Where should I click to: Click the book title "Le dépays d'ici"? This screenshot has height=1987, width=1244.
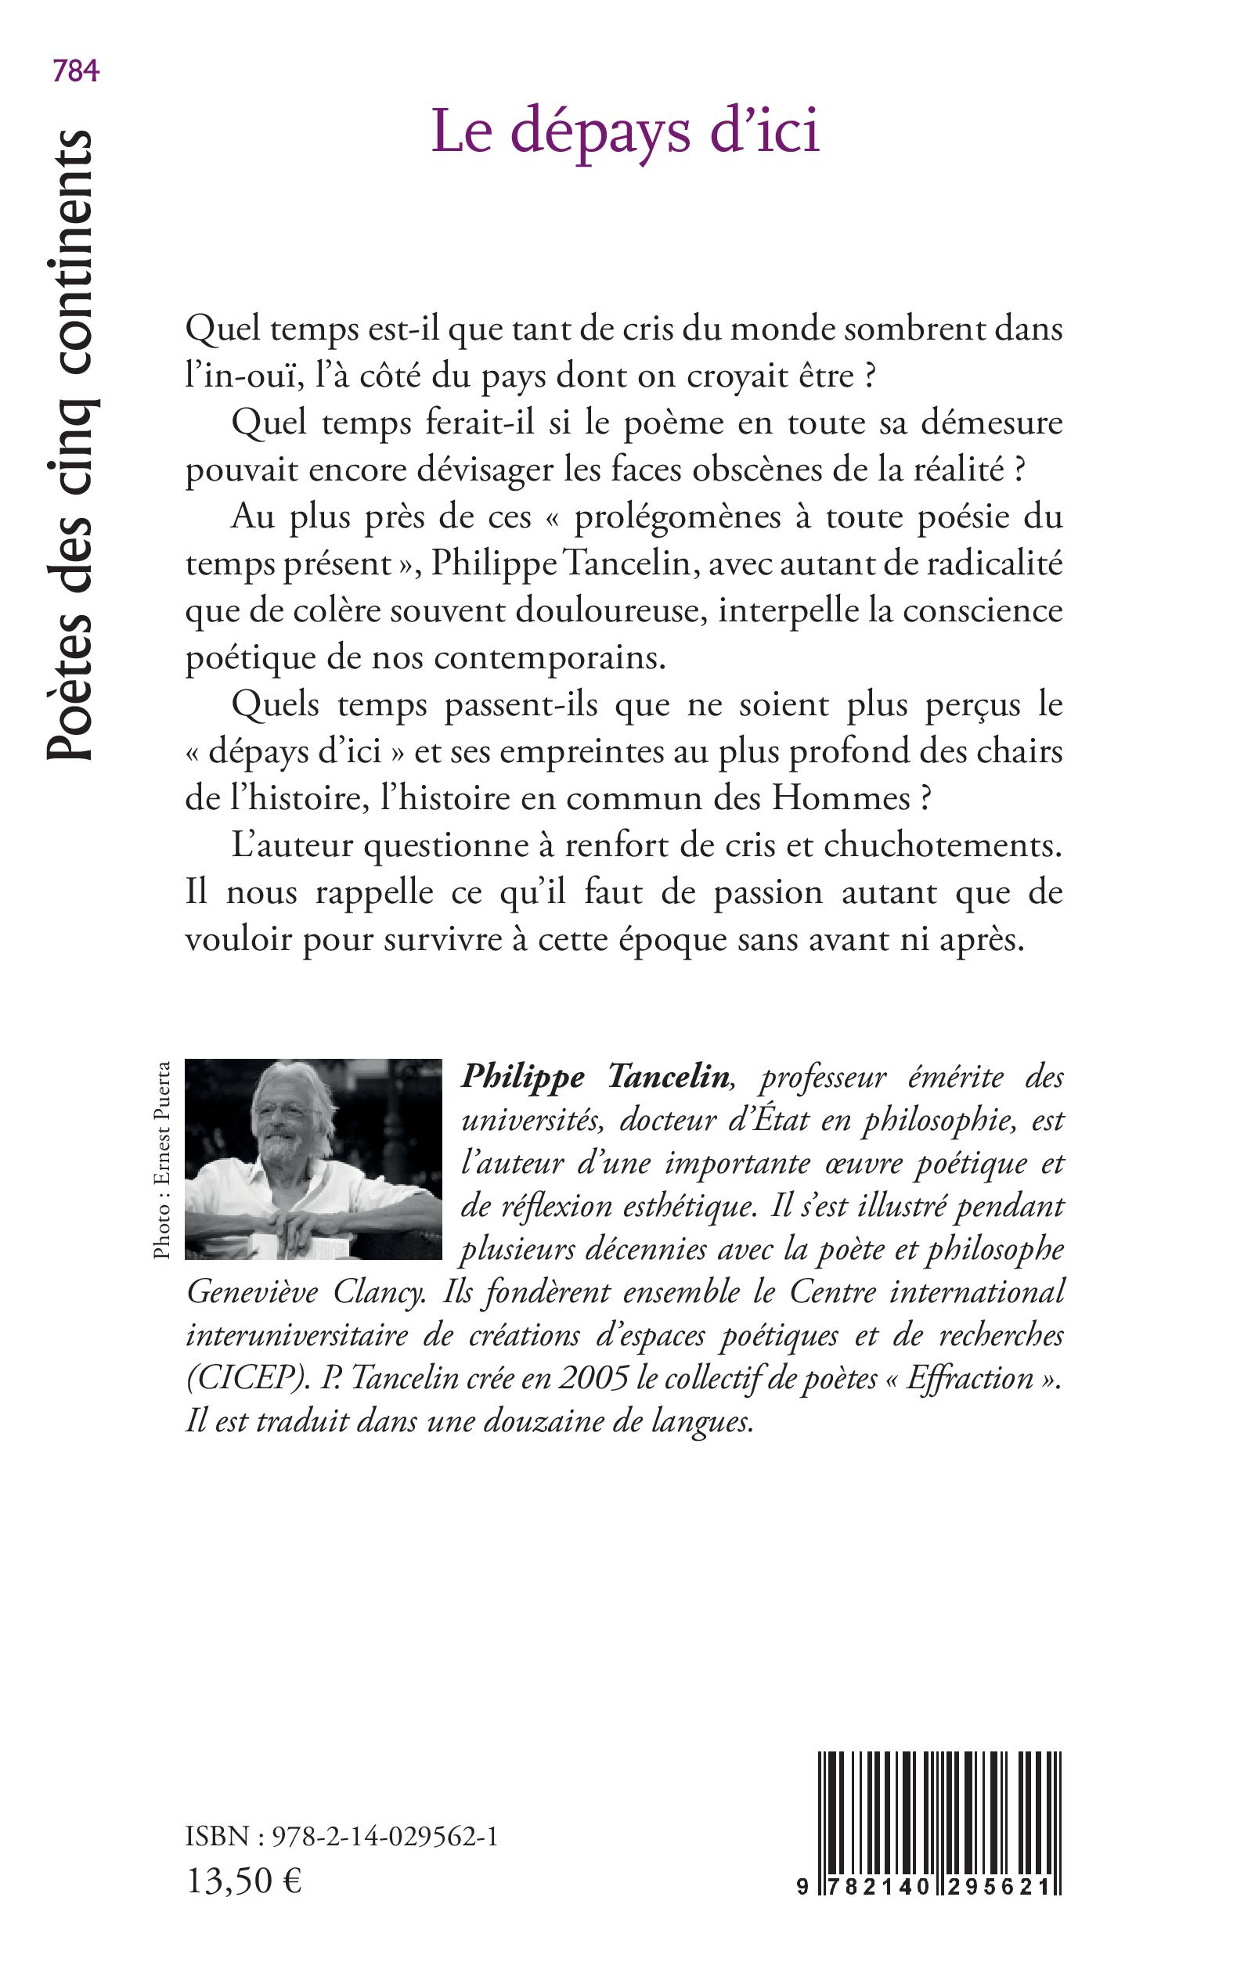(x=626, y=131)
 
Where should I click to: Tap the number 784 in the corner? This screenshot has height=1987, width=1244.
(x=76, y=71)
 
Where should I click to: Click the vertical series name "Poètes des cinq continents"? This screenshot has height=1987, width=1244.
(x=69, y=444)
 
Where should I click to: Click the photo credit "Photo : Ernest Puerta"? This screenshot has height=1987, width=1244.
(x=162, y=1160)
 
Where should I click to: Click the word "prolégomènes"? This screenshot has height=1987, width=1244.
(x=676, y=517)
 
